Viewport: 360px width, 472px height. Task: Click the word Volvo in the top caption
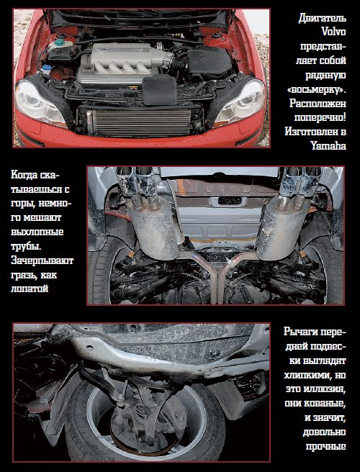point(334,32)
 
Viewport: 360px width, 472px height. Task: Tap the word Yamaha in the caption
point(328,145)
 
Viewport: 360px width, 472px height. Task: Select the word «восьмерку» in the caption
point(317,89)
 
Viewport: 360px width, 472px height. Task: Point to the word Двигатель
point(323,18)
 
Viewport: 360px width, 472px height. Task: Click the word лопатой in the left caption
point(30,289)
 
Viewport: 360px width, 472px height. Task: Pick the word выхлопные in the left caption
point(37,232)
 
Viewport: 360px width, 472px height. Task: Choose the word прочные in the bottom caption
point(326,446)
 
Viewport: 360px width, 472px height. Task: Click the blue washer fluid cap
point(46,68)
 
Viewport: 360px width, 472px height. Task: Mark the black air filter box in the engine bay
point(210,63)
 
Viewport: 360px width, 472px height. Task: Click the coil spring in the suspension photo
point(140,412)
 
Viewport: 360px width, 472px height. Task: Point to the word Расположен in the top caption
point(318,104)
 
